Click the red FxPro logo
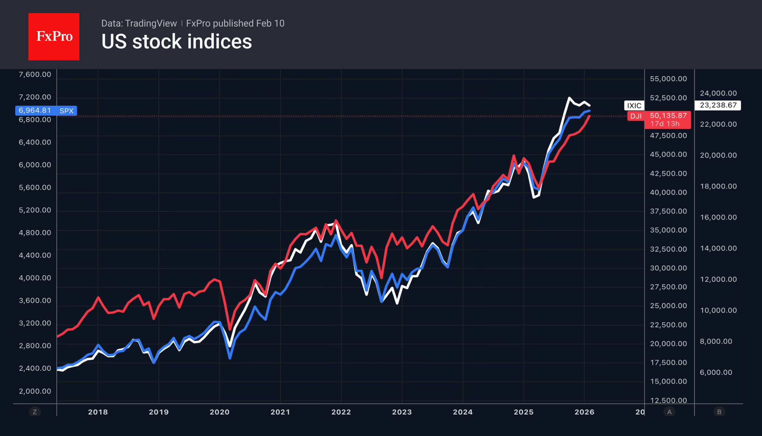[x=54, y=36]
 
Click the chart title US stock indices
[x=176, y=42]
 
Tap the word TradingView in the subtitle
[x=150, y=23]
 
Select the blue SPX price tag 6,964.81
[x=35, y=110]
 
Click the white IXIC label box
[x=634, y=106]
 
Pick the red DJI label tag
[x=636, y=116]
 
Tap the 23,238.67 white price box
[x=718, y=105]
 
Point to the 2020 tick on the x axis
[x=219, y=412]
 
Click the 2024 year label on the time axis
[x=463, y=412]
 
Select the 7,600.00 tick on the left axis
[x=35, y=74]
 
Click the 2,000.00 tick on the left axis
[x=35, y=391]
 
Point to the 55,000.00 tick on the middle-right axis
[x=668, y=79]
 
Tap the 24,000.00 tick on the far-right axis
[x=718, y=93]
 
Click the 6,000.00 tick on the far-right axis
[x=716, y=372]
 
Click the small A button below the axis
[x=669, y=412]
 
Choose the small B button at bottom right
[x=719, y=412]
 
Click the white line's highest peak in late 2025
[x=569, y=98]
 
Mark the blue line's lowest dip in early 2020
[x=230, y=358]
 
